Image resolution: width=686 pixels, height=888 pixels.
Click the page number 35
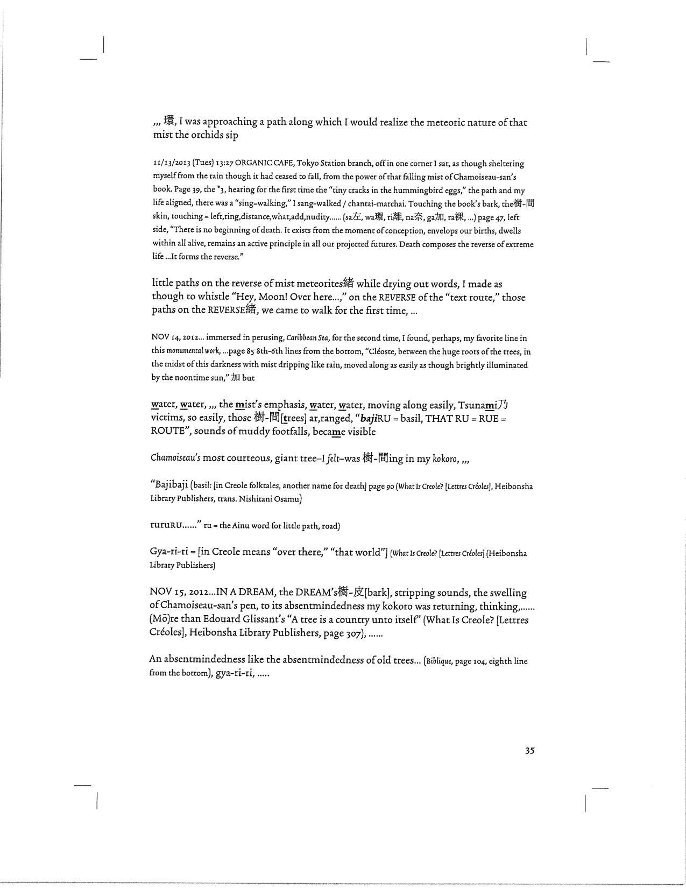click(x=529, y=751)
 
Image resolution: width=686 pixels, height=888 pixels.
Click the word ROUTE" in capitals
click(x=171, y=431)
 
